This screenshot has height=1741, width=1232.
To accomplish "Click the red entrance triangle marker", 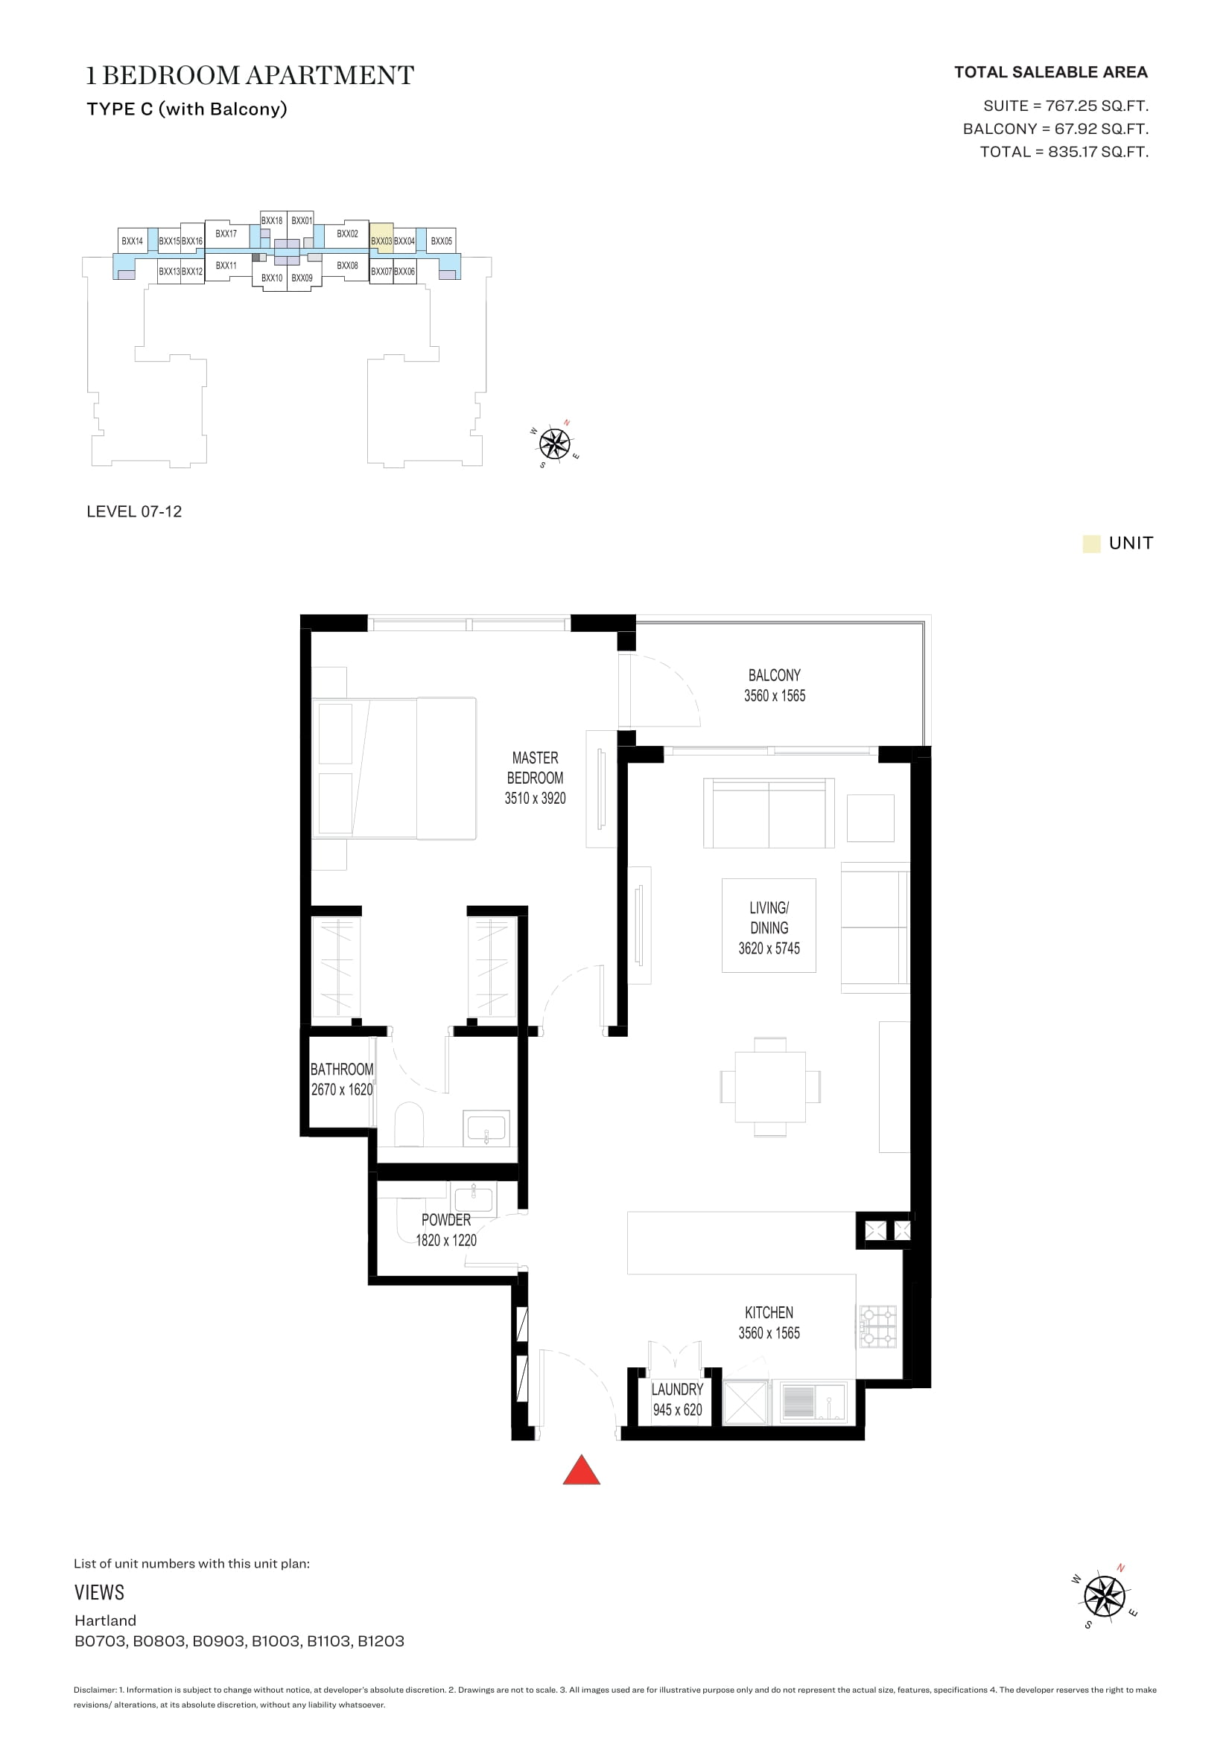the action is (581, 1470).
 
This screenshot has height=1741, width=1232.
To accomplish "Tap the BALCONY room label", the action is (774, 675).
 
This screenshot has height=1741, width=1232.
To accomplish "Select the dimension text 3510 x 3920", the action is (535, 798).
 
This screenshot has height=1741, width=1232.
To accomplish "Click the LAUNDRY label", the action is (676, 1389).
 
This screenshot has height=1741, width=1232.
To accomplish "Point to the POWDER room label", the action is (446, 1219).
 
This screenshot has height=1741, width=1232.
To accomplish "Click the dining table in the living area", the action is (770, 1087).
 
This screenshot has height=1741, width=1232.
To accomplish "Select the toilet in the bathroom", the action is (409, 1125).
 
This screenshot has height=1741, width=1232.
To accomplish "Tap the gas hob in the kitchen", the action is (877, 1326).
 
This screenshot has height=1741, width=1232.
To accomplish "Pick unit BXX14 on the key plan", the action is (132, 241).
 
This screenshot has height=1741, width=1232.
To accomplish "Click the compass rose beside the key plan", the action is (556, 444).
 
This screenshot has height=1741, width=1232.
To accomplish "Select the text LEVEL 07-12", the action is (134, 512).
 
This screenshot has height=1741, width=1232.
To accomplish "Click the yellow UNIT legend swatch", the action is (1091, 543).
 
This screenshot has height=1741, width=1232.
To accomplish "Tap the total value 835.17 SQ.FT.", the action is (1098, 152).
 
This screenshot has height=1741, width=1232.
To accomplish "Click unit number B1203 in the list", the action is (381, 1642).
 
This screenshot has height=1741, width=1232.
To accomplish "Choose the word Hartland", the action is (106, 1620).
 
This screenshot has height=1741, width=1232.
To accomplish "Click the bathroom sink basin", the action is (486, 1128).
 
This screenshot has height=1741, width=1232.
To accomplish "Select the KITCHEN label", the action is (769, 1312).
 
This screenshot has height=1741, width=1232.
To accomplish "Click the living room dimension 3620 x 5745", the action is (769, 948).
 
